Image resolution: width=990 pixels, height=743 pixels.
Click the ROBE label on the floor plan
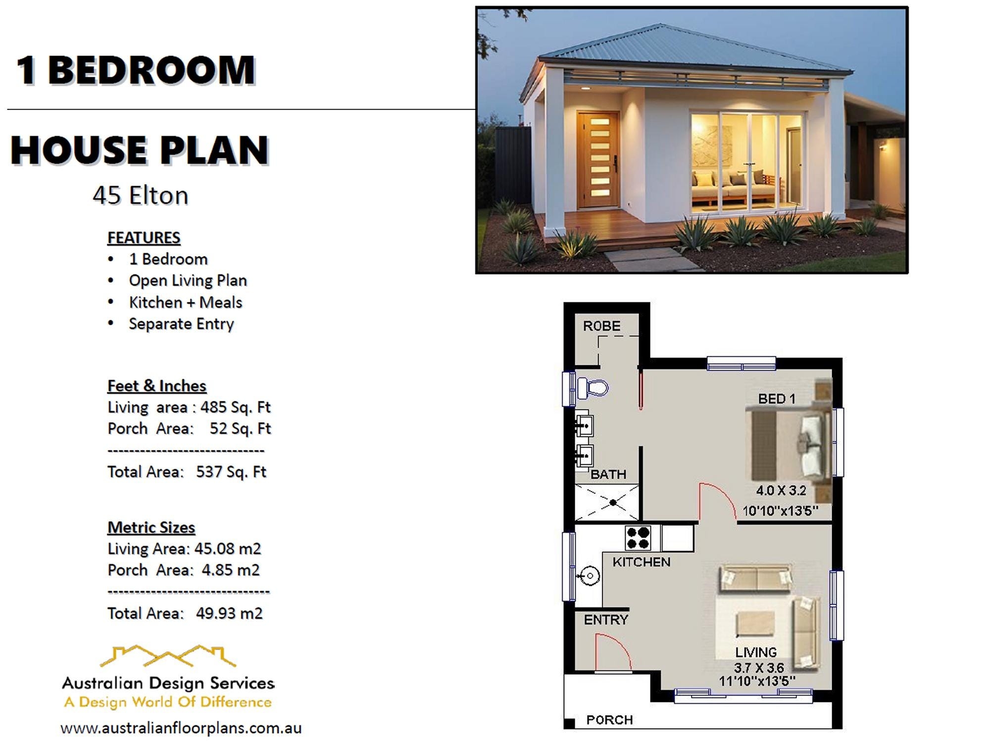tap(601, 326)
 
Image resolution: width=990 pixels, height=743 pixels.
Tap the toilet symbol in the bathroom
tap(593, 388)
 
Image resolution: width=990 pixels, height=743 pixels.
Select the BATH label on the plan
tap(608, 474)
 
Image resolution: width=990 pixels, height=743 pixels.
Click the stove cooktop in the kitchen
tap(638, 538)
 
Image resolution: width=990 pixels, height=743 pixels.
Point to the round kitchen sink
tap(590, 576)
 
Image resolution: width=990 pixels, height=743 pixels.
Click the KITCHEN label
tap(641, 562)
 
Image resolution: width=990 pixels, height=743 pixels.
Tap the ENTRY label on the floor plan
tap(605, 620)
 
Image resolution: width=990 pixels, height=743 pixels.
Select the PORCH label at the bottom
tap(609, 719)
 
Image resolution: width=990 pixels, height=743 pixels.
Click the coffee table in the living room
tap(755, 623)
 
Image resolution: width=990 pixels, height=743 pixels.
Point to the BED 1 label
tap(776, 399)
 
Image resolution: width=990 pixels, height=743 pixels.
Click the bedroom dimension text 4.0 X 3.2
tap(781, 491)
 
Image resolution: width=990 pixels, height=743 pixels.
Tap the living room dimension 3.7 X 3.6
tap(759, 667)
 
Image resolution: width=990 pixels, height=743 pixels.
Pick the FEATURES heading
tap(144, 238)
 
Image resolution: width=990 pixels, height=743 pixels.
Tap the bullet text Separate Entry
tap(181, 324)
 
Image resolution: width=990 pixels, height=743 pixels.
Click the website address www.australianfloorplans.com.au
tap(181, 728)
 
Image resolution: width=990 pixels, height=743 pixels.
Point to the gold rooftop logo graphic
tap(168, 656)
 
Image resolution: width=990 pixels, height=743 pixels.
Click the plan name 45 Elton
tap(140, 196)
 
